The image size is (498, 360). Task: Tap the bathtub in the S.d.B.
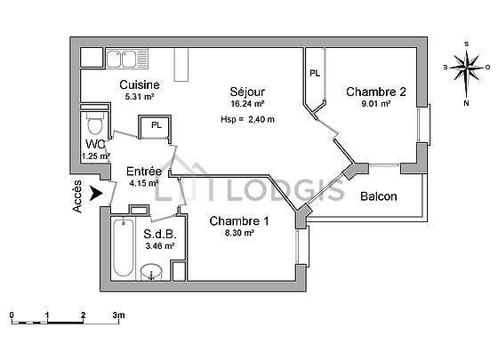[x=123, y=247]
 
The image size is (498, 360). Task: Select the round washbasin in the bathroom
[x=151, y=272]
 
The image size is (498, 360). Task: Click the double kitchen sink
[x=122, y=59]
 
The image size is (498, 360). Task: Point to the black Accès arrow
[x=96, y=194]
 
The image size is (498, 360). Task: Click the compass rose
[x=466, y=68]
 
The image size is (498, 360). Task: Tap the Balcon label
[x=379, y=196]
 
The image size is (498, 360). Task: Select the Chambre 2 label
[x=376, y=92]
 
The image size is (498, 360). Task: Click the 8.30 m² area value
[x=239, y=233]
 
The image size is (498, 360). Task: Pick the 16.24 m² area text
[x=247, y=103]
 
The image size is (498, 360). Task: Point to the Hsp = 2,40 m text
[x=248, y=120]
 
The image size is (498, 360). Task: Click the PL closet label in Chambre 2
[x=315, y=74]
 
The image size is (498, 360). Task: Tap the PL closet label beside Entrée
[x=157, y=125]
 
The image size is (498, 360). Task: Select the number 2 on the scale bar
[x=84, y=316]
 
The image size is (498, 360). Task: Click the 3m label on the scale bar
[x=119, y=316]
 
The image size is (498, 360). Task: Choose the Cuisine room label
[x=140, y=84]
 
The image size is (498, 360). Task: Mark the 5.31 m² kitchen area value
[x=140, y=97]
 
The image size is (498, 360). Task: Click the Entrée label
[x=144, y=172]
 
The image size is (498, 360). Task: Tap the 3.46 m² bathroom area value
[x=160, y=245]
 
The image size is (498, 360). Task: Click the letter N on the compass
[x=466, y=103]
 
